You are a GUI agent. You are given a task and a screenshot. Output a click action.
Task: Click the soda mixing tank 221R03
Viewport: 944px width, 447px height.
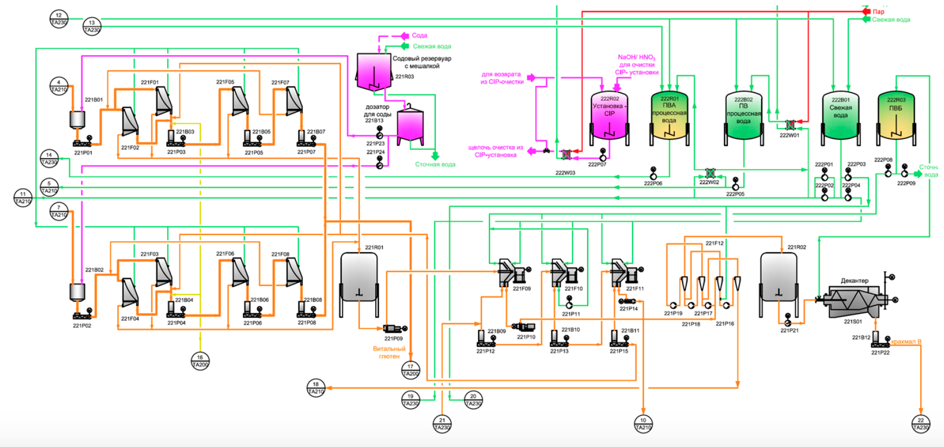(x=374, y=72)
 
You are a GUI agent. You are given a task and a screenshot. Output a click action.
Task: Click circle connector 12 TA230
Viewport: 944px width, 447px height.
(x=59, y=19)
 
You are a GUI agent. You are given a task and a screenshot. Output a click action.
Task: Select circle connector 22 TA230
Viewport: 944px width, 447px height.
(x=921, y=424)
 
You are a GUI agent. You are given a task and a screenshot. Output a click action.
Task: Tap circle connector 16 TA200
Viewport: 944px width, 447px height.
(x=200, y=361)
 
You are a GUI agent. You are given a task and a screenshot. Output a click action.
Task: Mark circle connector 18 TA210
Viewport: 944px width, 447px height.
(x=316, y=387)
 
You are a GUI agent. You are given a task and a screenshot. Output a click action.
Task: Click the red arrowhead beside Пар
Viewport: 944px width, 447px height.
(x=866, y=11)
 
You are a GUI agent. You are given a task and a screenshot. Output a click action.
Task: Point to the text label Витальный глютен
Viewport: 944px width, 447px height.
(x=389, y=352)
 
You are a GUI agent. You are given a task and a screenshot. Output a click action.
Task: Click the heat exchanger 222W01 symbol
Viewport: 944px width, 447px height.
(x=790, y=125)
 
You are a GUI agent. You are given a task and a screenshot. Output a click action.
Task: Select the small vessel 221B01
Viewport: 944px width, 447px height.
(x=77, y=120)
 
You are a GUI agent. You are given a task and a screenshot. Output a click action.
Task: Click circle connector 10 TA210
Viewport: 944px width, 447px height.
(x=643, y=424)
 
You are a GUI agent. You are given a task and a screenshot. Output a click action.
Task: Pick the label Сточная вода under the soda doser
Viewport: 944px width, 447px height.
(x=435, y=165)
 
